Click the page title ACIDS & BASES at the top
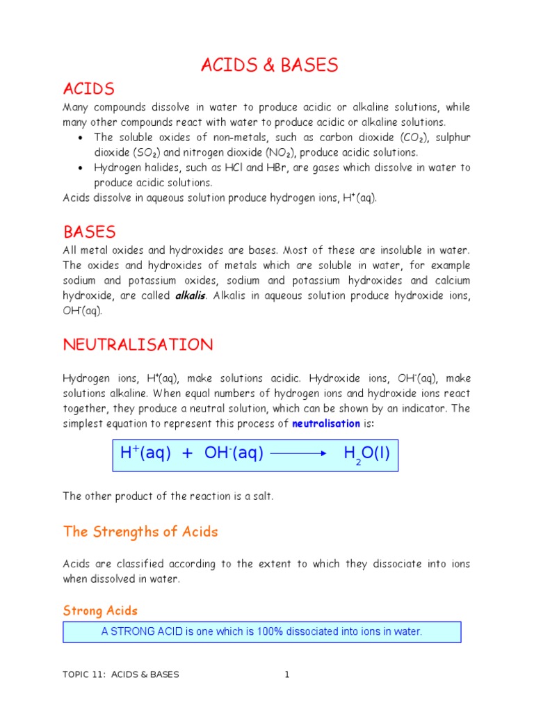pos(270,65)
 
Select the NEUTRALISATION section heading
pos(138,345)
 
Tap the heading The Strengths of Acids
pos(140,532)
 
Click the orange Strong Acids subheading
pos(100,610)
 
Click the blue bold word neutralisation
pos(326,423)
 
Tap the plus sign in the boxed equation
pos(187,454)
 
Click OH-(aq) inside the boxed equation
pos(234,454)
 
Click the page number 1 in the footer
pos(286,674)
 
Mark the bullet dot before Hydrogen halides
pos(81,168)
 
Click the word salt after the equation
pos(265,496)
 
